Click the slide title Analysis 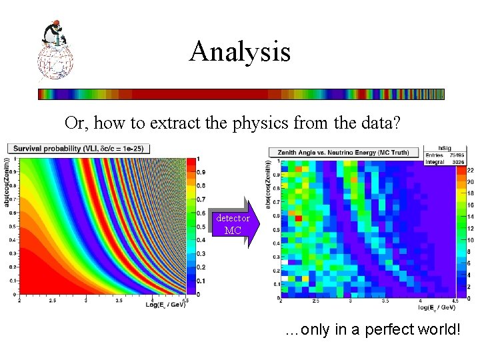click(239, 51)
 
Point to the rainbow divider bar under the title click(240, 94)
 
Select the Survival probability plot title click(80, 148)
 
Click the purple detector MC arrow click(233, 225)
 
